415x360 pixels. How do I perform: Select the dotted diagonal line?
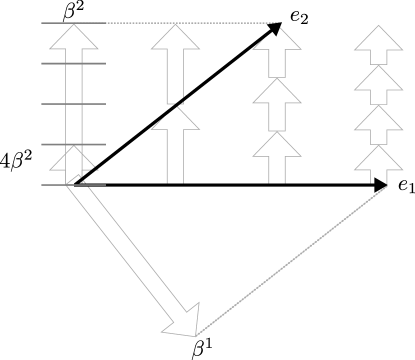point(295,260)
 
